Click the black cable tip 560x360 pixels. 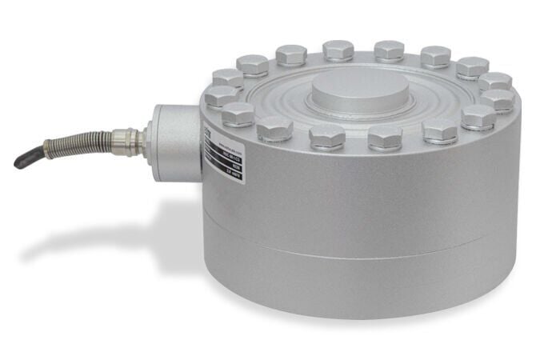point(22,159)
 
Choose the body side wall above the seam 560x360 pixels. point(360,200)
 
